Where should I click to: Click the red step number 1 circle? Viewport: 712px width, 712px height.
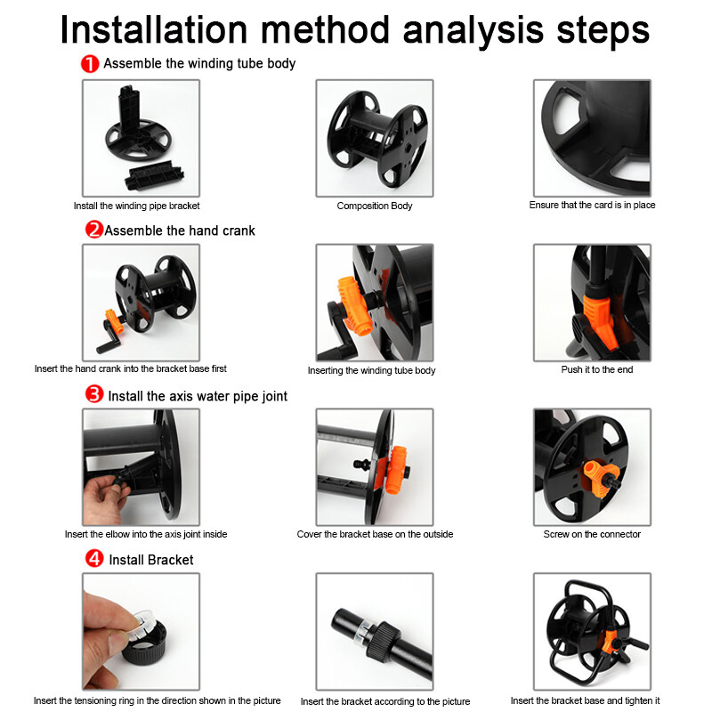coord(90,64)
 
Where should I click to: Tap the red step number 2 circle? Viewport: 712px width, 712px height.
coord(94,230)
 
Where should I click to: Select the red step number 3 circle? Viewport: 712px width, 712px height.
coord(94,394)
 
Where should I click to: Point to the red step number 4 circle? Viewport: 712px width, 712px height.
coord(94,559)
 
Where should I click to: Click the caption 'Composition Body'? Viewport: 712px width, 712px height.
coord(375,206)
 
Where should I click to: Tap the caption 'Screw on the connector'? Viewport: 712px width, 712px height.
coord(592,534)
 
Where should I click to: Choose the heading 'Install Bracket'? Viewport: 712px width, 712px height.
coord(150,560)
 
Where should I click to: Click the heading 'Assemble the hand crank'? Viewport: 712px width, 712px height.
coord(180,231)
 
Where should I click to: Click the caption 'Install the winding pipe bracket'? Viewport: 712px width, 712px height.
coord(136,206)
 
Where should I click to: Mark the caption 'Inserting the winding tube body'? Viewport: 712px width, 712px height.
coord(371,370)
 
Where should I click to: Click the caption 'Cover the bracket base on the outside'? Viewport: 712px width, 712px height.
coord(375,534)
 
